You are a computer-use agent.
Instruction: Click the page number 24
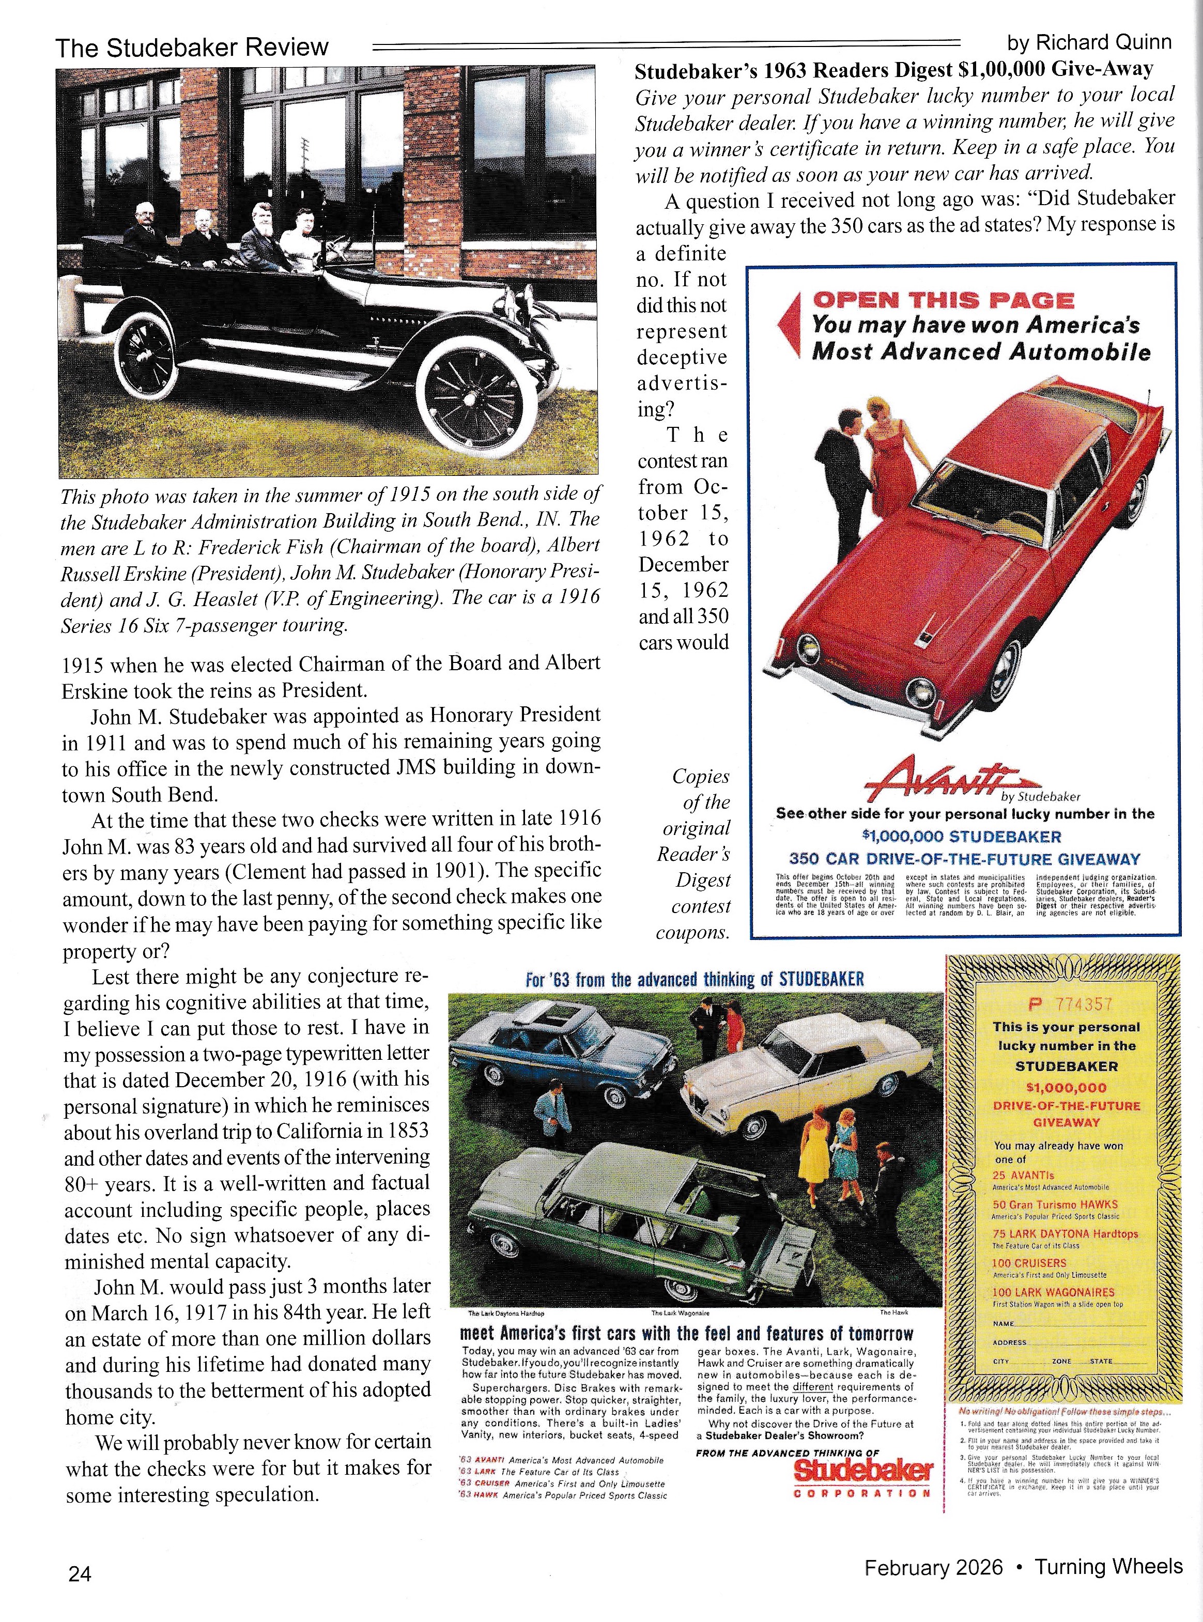[x=80, y=1573]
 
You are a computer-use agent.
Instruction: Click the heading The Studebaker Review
[x=192, y=48]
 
